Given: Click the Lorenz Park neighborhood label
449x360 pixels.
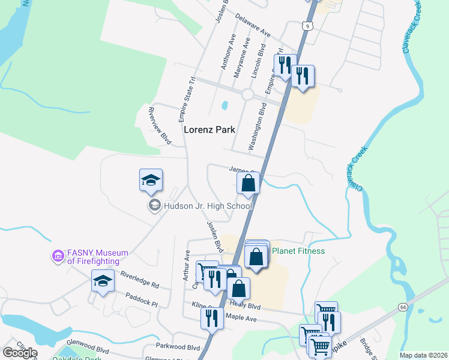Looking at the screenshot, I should (x=209, y=130).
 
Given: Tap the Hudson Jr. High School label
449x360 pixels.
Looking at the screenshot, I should (x=208, y=206).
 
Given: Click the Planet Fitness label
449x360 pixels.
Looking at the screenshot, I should (x=298, y=251).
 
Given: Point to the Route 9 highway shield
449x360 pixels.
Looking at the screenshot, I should (x=307, y=26).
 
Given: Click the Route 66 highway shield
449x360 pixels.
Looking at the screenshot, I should (x=402, y=307).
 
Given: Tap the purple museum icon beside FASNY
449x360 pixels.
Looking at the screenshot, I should (x=58, y=257).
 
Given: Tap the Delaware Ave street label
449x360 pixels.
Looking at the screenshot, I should (x=256, y=25).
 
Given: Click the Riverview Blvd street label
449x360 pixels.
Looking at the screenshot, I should (x=160, y=126).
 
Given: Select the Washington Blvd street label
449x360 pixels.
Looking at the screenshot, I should (x=258, y=126).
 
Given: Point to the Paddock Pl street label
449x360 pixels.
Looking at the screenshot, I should (x=142, y=300).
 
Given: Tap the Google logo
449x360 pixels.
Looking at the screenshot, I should (x=19, y=353).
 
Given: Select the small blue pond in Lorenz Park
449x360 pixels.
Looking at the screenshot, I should (x=224, y=105).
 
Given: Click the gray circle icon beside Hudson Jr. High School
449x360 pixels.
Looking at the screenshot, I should (x=154, y=206).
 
